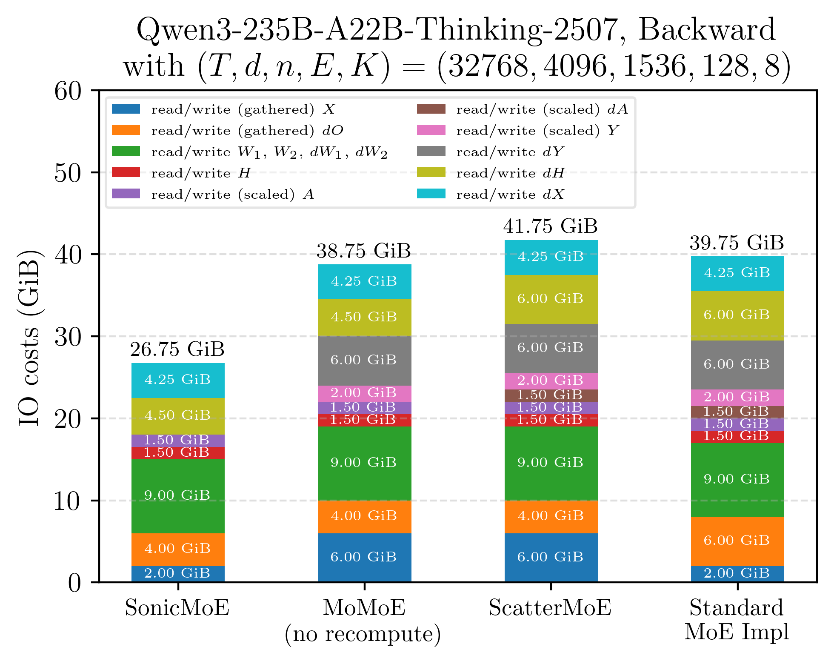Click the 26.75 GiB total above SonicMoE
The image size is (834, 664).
(x=177, y=349)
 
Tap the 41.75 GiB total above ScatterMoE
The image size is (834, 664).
(x=550, y=226)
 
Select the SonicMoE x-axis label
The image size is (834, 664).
(x=177, y=607)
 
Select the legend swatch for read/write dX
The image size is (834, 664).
(x=431, y=194)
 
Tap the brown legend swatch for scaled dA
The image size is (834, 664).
(x=431, y=109)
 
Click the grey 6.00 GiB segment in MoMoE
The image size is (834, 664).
(x=364, y=361)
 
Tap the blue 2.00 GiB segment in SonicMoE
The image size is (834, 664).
(x=178, y=573)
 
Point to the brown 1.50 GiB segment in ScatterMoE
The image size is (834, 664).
(x=551, y=395)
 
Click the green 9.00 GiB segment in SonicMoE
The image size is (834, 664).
(x=178, y=496)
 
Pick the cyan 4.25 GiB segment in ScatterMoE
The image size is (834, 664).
(x=551, y=257)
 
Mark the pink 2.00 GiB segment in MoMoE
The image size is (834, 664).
(x=364, y=393)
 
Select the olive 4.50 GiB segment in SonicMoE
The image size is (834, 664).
(x=178, y=416)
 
